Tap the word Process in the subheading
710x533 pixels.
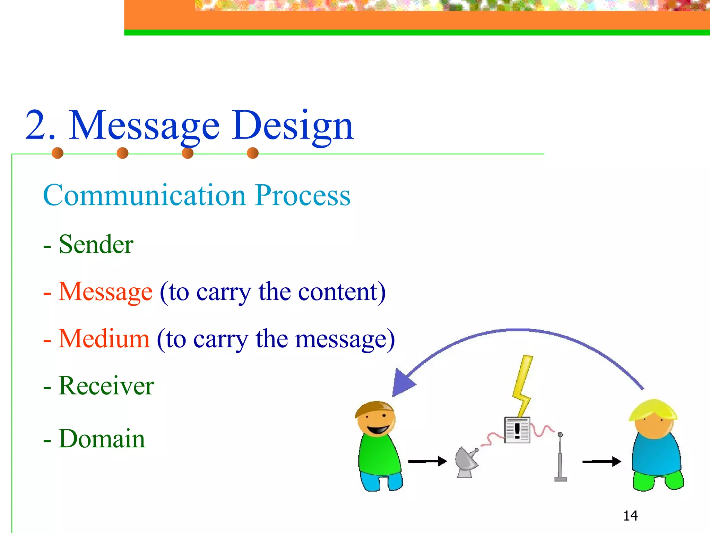[x=302, y=195]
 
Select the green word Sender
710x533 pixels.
[x=96, y=245]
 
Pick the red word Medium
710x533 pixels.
[x=104, y=339]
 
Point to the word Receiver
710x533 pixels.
[x=106, y=386]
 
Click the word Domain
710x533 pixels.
[x=102, y=439]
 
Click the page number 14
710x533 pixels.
[x=630, y=516]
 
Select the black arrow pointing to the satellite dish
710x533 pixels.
[x=427, y=462]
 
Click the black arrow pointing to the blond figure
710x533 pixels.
[x=601, y=462]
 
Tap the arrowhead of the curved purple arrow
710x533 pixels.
[x=402, y=383]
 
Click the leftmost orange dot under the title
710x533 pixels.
[x=58, y=153]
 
